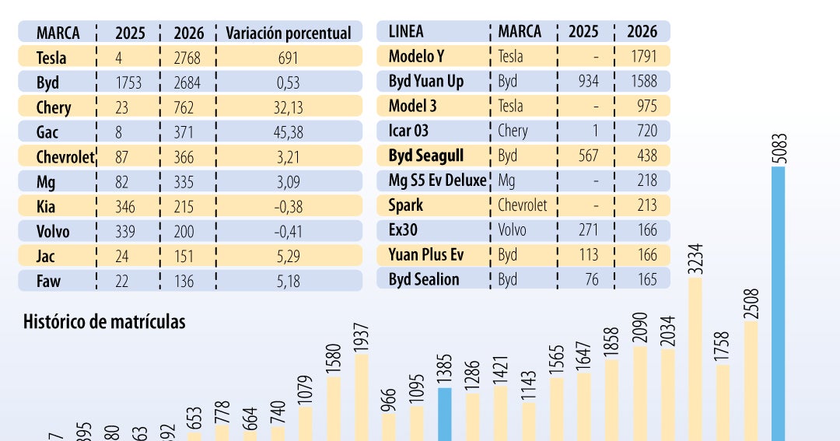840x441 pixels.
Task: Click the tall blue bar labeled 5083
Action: tap(778, 303)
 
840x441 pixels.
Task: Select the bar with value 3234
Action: tap(695, 358)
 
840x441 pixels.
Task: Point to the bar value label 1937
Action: tap(361, 338)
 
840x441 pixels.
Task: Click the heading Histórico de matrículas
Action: tap(104, 321)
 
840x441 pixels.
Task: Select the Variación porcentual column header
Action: tap(289, 33)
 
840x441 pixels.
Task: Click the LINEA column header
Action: tap(406, 32)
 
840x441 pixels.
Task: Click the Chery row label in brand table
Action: tap(54, 107)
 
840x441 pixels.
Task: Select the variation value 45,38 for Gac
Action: tap(289, 132)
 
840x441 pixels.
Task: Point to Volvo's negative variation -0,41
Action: tap(289, 232)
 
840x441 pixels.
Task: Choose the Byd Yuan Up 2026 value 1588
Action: tap(642, 82)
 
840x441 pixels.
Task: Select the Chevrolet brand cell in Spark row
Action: tap(523, 205)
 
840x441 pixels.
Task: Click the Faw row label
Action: tap(48, 281)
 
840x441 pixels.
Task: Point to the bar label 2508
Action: tap(751, 303)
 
